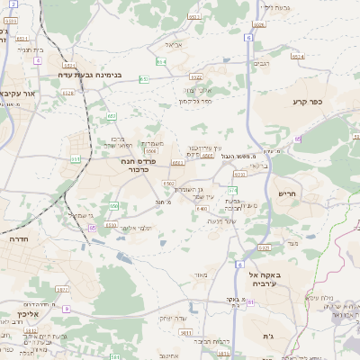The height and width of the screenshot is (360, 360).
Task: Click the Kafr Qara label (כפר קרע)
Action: coord(306,103)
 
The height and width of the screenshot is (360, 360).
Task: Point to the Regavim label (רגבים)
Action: coord(261,65)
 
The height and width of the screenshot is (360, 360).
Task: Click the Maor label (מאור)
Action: coord(198,274)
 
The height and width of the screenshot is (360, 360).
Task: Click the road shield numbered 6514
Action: coord(298,57)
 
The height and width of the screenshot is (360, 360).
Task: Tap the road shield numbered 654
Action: coord(161,61)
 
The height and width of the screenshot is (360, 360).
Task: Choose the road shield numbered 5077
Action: coord(62,289)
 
